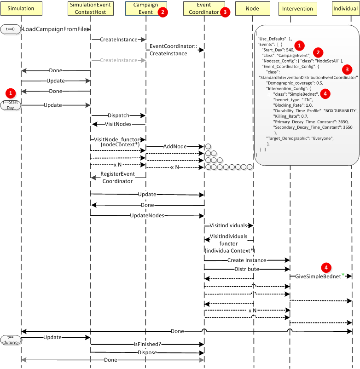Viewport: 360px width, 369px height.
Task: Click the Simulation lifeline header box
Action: pyautogui.click(x=21, y=8)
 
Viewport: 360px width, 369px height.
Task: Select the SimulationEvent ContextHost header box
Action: pyautogui.click(x=90, y=8)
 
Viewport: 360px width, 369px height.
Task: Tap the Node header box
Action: pyautogui.click(x=252, y=8)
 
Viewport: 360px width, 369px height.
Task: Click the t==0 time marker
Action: pyautogui.click(x=10, y=29)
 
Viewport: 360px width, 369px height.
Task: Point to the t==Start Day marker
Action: pyautogui.click(x=10, y=105)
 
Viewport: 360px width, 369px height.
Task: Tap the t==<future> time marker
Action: pyautogui.click(x=10, y=339)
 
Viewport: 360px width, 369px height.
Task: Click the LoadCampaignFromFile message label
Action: pyautogui.click(x=55, y=29)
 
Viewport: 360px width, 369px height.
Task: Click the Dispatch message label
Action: pyautogui.click(x=118, y=115)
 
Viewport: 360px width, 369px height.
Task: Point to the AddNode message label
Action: pyautogui.click(x=175, y=146)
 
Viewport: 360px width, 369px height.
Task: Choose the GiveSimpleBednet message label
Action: pyautogui.click(x=318, y=276)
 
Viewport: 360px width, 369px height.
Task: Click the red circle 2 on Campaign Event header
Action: pyautogui.click(x=163, y=12)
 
